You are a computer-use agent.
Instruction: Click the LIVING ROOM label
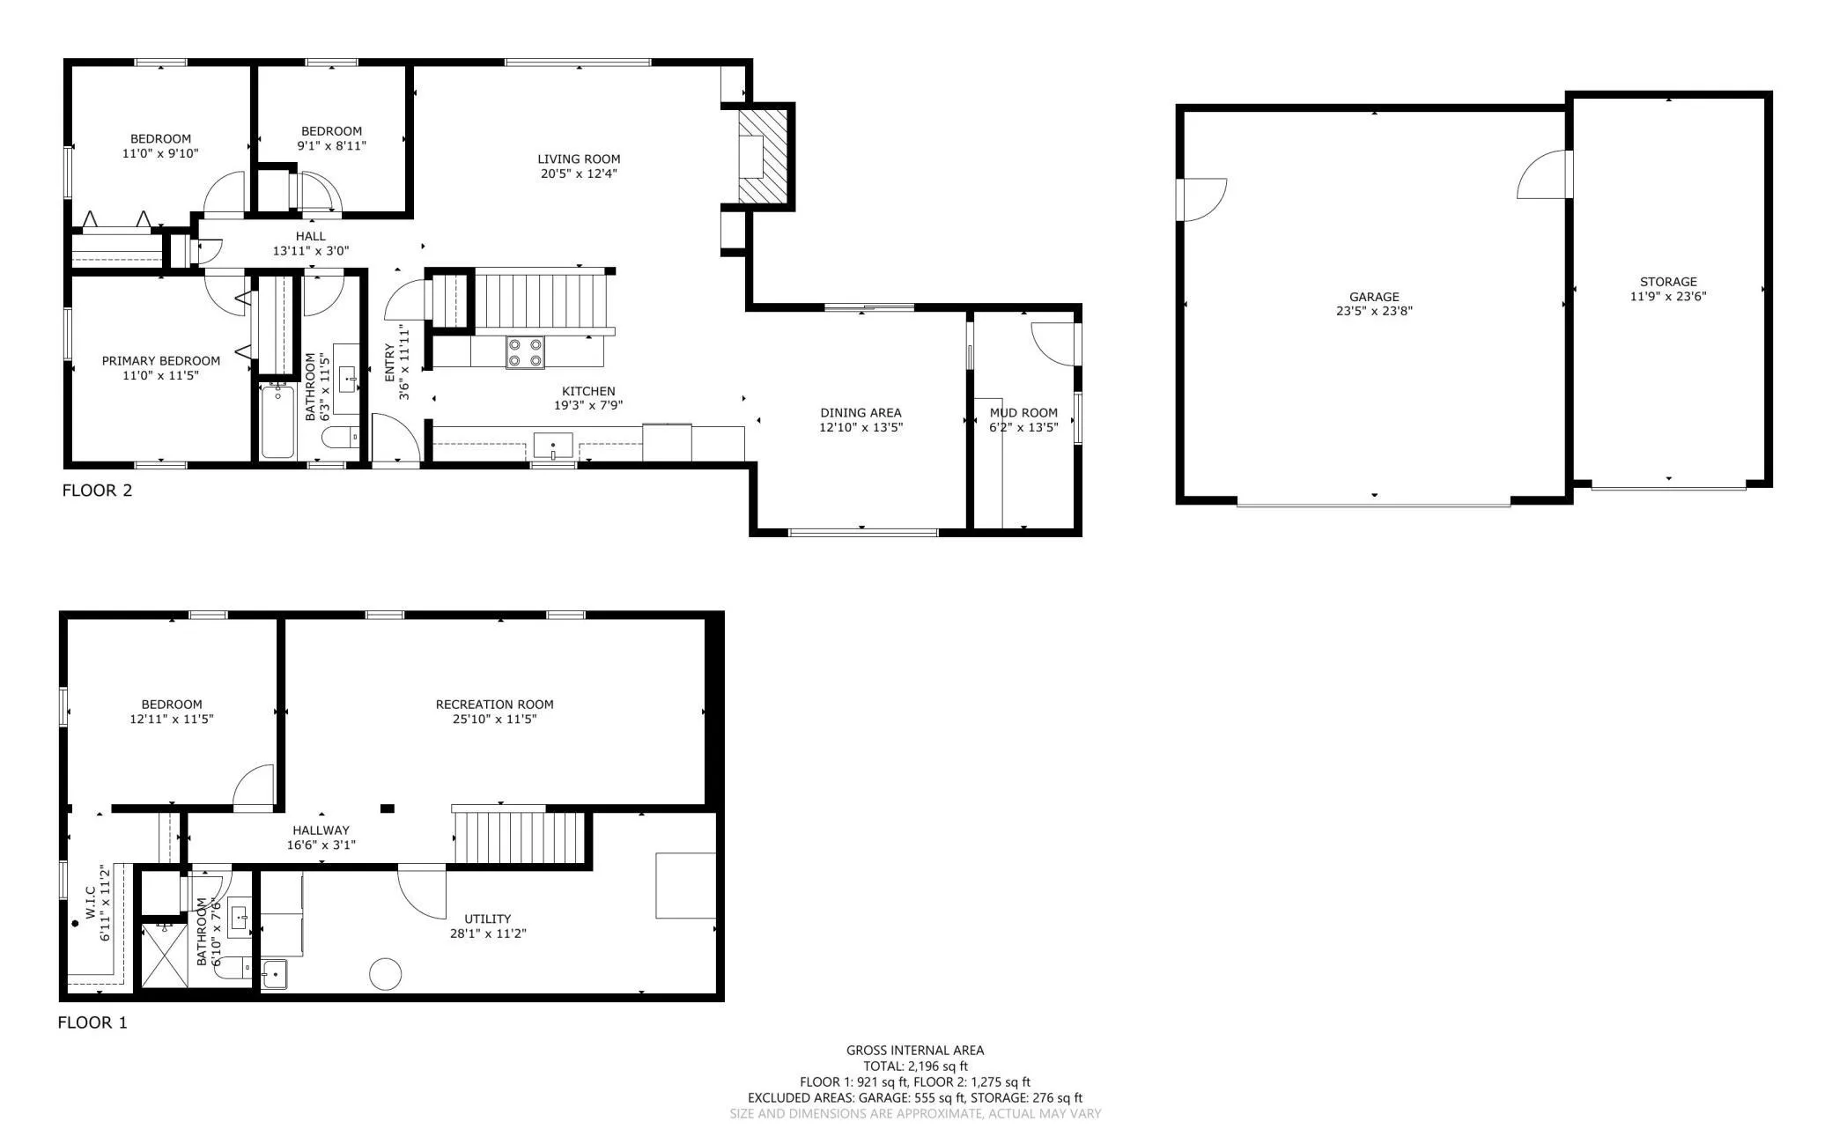point(579,159)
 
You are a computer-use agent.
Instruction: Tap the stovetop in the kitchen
point(525,352)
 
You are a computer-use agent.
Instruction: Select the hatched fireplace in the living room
point(762,157)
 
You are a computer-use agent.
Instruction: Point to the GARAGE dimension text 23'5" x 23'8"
point(1374,311)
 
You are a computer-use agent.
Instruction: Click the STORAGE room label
point(1668,283)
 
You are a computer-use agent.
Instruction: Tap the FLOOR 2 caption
point(97,491)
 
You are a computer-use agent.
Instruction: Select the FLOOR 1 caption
point(92,1022)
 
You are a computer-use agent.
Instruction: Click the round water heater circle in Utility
point(385,974)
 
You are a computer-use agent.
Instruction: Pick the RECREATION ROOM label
point(494,705)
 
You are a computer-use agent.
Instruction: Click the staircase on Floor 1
point(520,838)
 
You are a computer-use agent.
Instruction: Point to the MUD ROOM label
point(1023,413)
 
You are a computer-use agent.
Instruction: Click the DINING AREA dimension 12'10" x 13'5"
point(861,428)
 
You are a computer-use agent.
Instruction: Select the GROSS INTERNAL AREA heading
point(915,1050)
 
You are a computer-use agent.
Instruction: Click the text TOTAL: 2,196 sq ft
point(915,1066)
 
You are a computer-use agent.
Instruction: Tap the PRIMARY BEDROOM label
point(161,361)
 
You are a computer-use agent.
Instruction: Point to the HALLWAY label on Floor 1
point(321,830)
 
